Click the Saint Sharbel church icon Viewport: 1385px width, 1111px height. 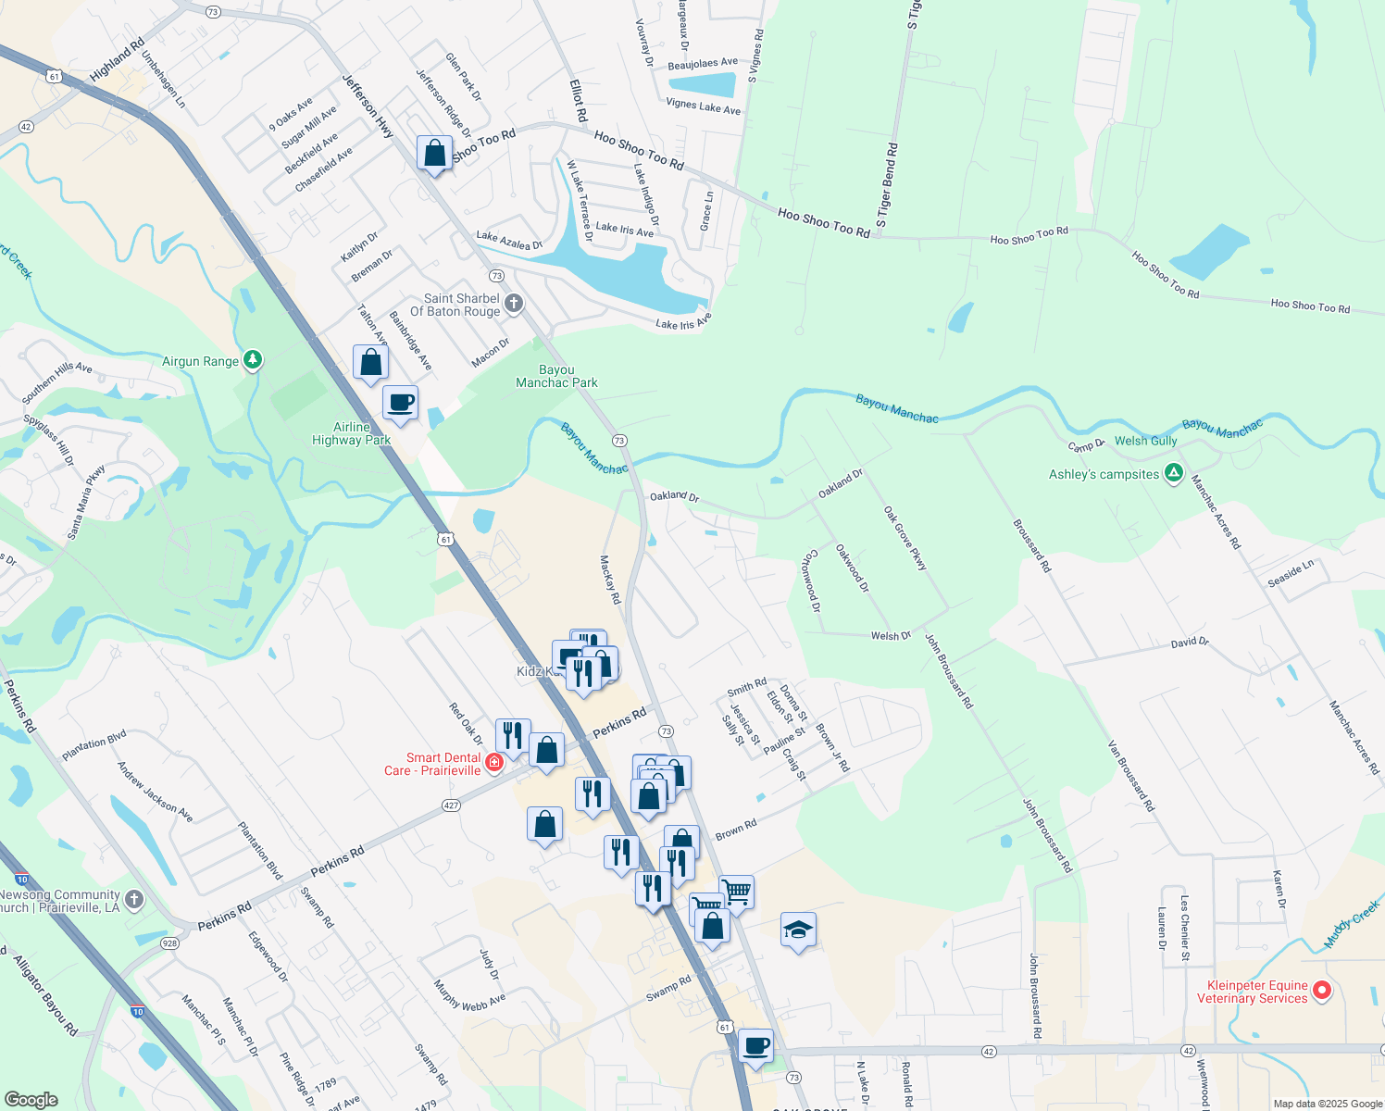[514, 304]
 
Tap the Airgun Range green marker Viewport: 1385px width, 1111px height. [252, 361]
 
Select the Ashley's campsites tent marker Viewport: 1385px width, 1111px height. [1174, 474]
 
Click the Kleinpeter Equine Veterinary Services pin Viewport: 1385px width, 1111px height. [1323, 991]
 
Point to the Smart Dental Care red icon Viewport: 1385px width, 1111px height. [494, 763]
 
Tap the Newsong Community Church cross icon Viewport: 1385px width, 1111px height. [134, 900]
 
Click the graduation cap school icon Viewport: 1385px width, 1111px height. [798, 930]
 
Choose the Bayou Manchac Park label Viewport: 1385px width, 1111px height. [556, 376]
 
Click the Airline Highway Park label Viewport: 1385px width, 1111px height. [351, 433]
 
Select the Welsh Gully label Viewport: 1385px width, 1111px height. [1145, 441]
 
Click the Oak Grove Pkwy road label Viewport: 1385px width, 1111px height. [905, 538]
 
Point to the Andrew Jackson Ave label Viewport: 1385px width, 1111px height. [155, 792]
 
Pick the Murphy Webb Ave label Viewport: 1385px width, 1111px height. [470, 994]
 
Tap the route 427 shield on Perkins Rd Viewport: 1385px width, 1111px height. [451, 805]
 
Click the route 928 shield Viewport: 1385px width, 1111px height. [169, 943]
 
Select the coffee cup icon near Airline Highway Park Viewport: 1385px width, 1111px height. [400, 404]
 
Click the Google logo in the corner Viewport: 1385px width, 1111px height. [31, 1100]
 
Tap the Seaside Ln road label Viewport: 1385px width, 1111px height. [1291, 573]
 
